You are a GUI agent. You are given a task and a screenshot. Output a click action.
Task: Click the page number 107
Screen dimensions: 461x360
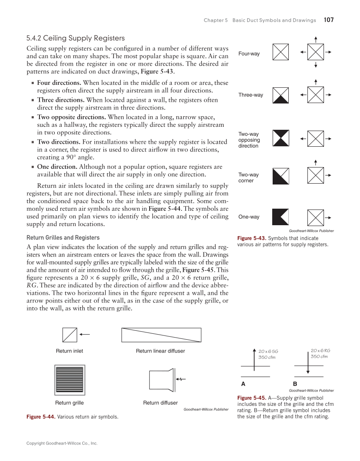pos(329,20)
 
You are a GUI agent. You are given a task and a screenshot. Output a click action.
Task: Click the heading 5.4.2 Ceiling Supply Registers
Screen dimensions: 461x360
pos(75,38)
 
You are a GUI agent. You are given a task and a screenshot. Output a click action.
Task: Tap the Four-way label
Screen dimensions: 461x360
pos(249,54)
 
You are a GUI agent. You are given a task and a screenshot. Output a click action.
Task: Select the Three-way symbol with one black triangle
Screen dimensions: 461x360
pos(281,95)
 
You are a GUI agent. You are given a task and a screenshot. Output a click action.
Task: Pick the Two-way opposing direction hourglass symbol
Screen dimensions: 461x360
pos(281,138)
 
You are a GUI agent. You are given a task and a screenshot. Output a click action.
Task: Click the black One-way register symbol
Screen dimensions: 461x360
pos(281,217)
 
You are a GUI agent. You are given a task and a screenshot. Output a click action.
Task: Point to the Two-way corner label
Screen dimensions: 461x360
pos(248,178)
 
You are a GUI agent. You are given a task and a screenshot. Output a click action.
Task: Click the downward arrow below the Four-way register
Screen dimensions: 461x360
pos(316,65)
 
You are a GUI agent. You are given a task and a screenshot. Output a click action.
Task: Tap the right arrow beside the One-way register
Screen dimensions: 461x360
pos(328,217)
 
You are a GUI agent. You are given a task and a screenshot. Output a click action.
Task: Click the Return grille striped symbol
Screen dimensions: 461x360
pos(70,380)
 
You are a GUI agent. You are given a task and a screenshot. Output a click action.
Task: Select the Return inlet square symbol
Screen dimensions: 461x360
pos(70,335)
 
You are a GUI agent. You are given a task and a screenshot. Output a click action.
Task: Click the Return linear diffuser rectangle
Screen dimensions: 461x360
pos(161,335)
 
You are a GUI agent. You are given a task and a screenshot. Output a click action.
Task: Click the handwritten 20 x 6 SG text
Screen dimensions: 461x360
pos(268,351)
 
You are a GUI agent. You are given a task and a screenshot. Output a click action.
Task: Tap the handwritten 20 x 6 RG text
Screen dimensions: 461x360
pos(320,351)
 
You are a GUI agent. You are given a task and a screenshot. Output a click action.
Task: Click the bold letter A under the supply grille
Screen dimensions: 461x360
pos(243,384)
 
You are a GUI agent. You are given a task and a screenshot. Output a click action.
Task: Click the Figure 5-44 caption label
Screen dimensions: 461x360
pos(41,417)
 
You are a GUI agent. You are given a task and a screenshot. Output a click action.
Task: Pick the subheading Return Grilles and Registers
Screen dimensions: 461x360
pos(63,237)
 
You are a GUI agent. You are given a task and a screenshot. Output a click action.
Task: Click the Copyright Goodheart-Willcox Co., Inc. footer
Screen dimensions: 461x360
pos(62,443)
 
